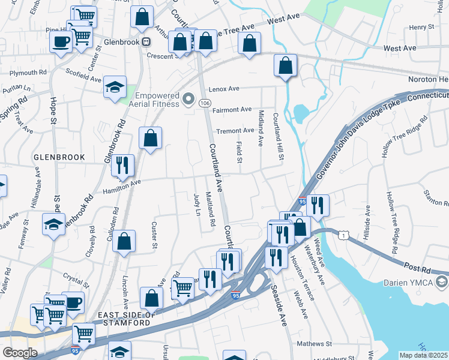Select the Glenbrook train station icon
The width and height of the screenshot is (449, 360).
146,42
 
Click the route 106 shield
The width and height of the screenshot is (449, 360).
205,103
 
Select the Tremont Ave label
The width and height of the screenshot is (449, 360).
235,130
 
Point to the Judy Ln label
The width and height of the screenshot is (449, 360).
196,204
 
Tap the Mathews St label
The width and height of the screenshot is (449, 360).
315,344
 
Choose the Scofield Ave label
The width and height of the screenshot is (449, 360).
84,77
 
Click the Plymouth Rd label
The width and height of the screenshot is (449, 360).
28,72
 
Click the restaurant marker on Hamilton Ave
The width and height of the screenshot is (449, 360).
124,165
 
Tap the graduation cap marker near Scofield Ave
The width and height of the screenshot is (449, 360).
115,87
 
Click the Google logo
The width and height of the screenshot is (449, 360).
19,353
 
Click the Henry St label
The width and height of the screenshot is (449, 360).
421,28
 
